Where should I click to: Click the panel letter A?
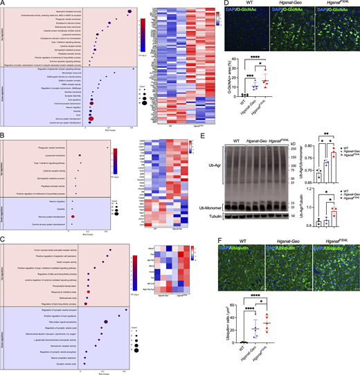point(3,4)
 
